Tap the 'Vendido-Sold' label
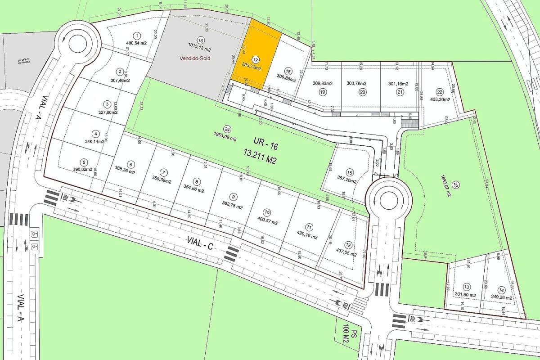point(195,58)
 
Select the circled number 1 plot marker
point(136,35)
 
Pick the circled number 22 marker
point(440,91)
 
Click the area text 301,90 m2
point(465,294)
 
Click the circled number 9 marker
point(233,197)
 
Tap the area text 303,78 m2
point(356,83)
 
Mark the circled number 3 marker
point(107,104)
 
